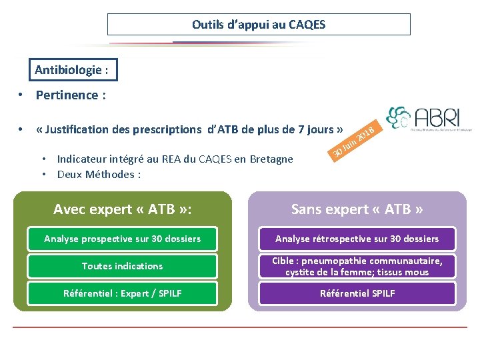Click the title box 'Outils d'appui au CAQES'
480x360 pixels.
point(259,25)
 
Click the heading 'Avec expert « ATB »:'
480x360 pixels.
point(123,209)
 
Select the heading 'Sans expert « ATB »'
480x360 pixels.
point(357,209)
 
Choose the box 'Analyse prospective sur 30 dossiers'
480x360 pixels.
point(123,239)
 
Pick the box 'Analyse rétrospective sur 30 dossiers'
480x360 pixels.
point(357,239)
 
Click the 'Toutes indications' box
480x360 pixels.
point(123,266)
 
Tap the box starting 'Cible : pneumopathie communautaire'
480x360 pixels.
point(357,266)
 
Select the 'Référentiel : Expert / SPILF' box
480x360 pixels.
point(123,293)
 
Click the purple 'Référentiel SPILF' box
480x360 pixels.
point(357,293)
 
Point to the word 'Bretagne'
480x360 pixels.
point(271,159)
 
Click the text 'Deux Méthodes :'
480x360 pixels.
point(99,175)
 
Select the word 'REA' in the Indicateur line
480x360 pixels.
point(169,159)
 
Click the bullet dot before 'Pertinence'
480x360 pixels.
point(22,95)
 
